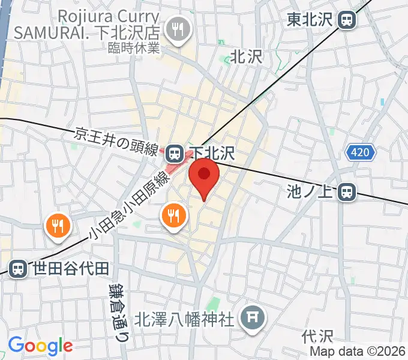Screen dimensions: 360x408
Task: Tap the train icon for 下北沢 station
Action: pos(175,154)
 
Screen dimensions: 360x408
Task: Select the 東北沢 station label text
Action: pos(310,20)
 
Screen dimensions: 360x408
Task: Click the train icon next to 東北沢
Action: pos(347,20)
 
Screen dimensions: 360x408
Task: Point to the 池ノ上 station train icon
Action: pos(347,192)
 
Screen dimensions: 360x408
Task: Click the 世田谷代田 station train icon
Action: pos(18,268)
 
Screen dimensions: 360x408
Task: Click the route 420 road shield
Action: pos(360,153)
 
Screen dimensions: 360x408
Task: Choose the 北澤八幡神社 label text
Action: pos(184,318)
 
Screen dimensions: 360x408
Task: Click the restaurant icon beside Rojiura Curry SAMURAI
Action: pos(178,28)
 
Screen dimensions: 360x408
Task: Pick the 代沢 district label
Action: pos(317,335)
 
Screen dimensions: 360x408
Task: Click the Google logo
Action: pos(40,346)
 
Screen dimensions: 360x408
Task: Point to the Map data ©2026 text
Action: pos(358,351)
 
